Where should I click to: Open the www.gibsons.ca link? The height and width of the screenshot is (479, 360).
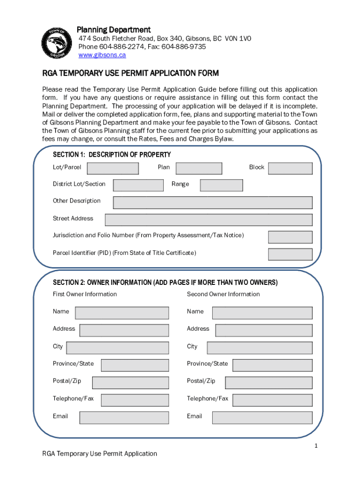102,55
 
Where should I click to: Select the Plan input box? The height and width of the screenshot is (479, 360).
199,168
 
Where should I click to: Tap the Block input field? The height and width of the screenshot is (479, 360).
290,168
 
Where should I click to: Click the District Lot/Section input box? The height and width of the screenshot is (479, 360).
138,185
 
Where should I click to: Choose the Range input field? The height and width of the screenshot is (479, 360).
221,185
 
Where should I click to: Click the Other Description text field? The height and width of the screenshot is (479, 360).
213,202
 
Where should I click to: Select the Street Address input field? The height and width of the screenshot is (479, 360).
209,220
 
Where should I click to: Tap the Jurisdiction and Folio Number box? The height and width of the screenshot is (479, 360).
290,237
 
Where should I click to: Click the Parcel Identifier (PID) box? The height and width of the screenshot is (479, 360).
290,254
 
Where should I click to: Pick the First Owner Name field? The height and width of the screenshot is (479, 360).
122,313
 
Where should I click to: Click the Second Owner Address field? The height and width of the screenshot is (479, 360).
264,330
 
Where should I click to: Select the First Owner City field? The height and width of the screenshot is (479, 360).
117,348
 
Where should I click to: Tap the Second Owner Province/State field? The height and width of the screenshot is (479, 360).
272,365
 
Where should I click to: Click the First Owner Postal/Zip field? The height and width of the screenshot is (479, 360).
130,383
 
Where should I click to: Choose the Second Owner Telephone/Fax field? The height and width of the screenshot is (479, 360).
272,400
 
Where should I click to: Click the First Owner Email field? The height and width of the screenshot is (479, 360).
124,418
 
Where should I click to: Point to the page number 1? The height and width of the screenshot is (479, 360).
316,446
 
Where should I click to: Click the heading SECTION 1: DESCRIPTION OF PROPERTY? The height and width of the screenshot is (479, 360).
112,155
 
